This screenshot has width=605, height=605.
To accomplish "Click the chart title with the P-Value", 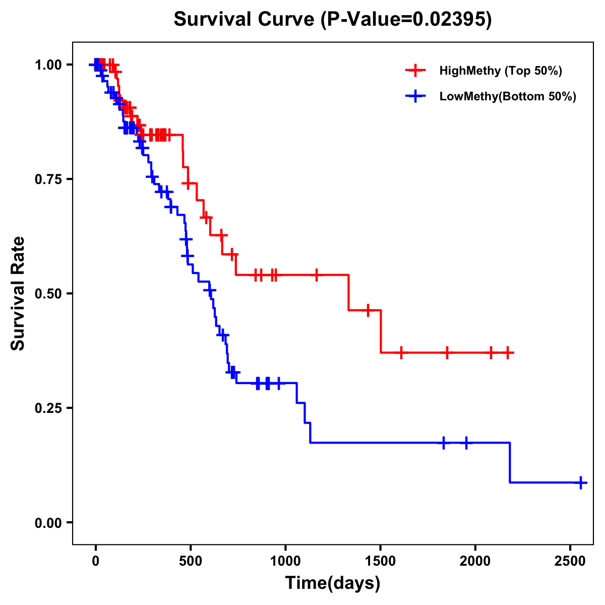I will (332, 19).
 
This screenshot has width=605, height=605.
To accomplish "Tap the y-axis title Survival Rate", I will (18, 293).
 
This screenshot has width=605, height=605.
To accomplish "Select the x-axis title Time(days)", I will (333, 583).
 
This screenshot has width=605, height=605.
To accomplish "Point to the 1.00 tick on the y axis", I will (48, 65).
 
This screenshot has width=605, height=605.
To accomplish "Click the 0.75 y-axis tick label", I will (48, 179).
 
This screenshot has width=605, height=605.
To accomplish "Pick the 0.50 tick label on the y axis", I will (48, 293).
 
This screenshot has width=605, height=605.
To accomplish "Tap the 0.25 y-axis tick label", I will (48, 408).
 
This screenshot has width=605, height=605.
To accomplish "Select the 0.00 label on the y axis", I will (48, 522).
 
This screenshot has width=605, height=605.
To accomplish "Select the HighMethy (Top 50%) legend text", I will (501, 71).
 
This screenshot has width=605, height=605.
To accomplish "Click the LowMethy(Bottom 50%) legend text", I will (508, 96).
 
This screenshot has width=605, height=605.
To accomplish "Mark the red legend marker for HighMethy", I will (415, 71).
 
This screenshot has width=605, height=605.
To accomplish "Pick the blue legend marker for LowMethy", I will (415, 96).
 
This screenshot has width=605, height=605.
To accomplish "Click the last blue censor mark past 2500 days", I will (580, 482).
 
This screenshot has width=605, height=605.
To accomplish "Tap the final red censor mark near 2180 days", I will (508, 352).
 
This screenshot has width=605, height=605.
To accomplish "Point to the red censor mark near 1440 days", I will (368, 310).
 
